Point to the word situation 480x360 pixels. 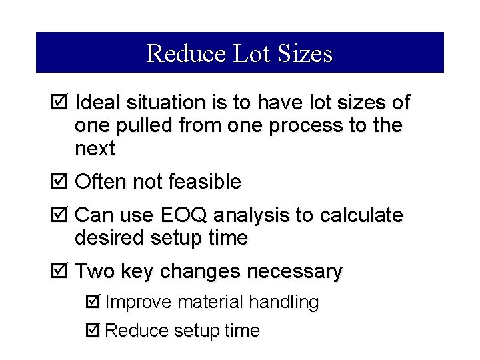tap(160, 103)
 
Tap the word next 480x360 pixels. tap(95, 149)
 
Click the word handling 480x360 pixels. tap(284, 303)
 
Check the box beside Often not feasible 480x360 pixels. tap(59, 181)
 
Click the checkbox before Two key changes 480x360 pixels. tap(59, 271)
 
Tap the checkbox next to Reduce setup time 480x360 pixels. tap(93, 330)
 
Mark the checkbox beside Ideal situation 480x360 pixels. tap(59, 103)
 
